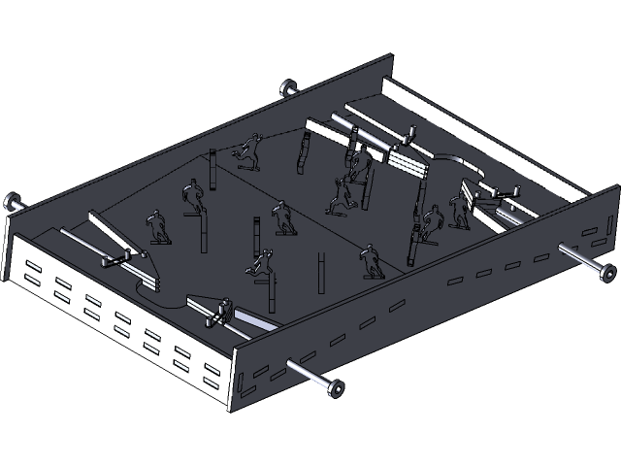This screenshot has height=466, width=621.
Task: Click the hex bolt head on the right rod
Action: [605, 270]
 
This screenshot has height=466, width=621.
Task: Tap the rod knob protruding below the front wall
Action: [336, 388]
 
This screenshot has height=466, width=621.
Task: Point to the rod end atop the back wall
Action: [287, 88]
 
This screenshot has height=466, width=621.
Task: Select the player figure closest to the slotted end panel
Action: [154, 227]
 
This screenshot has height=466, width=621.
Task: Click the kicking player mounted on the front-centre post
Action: [258, 264]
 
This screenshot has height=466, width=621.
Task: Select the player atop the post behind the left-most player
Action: [190, 197]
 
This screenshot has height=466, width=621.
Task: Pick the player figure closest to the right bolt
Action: [458, 208]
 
